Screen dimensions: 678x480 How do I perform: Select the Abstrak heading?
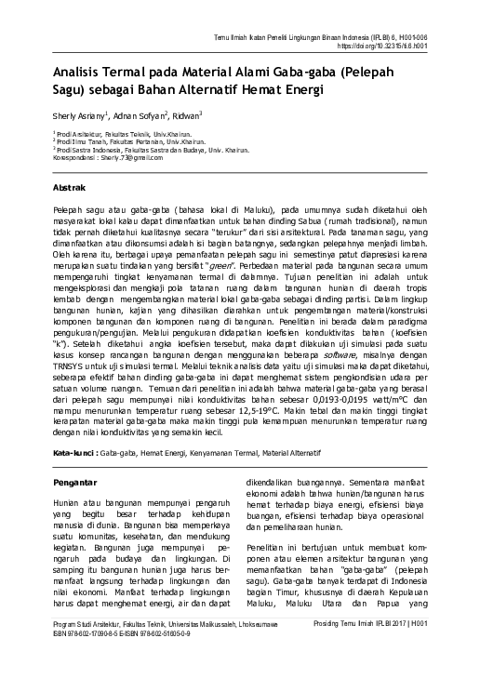[x=72, y=188]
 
